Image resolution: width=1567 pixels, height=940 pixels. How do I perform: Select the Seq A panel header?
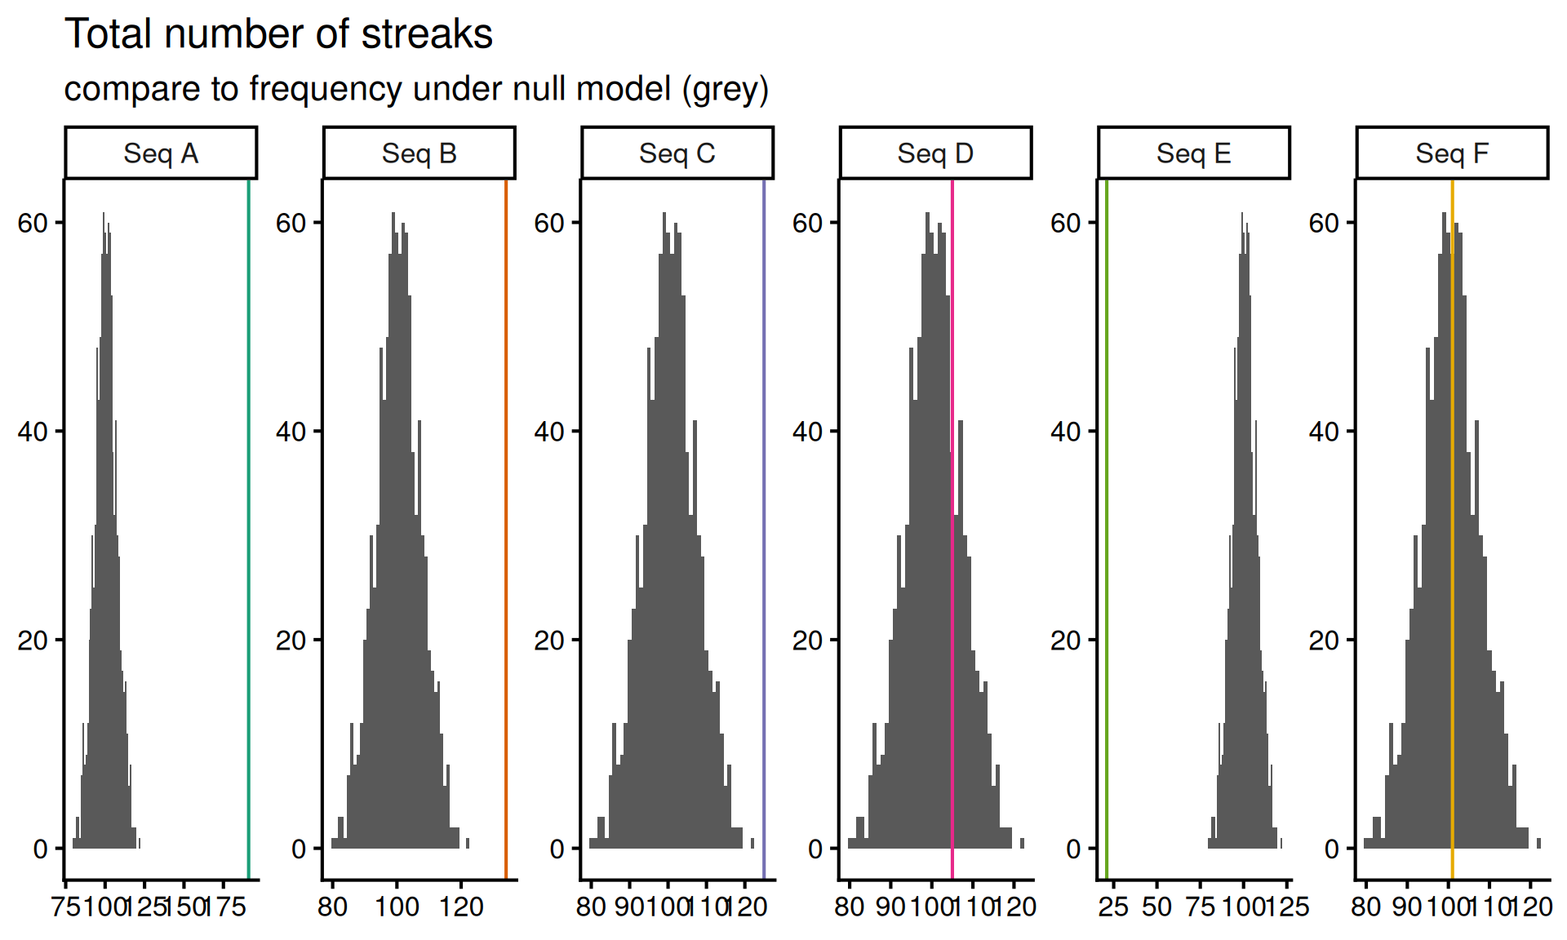(161, 153)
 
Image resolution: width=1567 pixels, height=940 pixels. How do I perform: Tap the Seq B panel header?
(419, 153)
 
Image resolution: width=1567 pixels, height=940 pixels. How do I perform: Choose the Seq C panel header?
(677, 153)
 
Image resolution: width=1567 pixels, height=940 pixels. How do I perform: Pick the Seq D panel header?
(935, 153)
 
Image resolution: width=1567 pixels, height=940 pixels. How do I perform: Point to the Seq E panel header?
(1193, 153)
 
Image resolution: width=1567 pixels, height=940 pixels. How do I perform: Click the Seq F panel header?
(1452, 153)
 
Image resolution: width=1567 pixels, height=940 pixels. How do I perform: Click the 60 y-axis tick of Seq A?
(33, 223)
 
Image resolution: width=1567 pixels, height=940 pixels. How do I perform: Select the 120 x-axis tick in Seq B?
(461, 907)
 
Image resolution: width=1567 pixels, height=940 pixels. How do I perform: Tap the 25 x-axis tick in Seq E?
(1113, 907)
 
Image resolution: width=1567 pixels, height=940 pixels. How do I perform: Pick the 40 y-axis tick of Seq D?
(807, 432)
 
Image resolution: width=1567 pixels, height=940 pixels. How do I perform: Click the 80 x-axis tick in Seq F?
(1365, 907)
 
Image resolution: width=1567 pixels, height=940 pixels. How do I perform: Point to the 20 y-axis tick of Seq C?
(549, 641)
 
